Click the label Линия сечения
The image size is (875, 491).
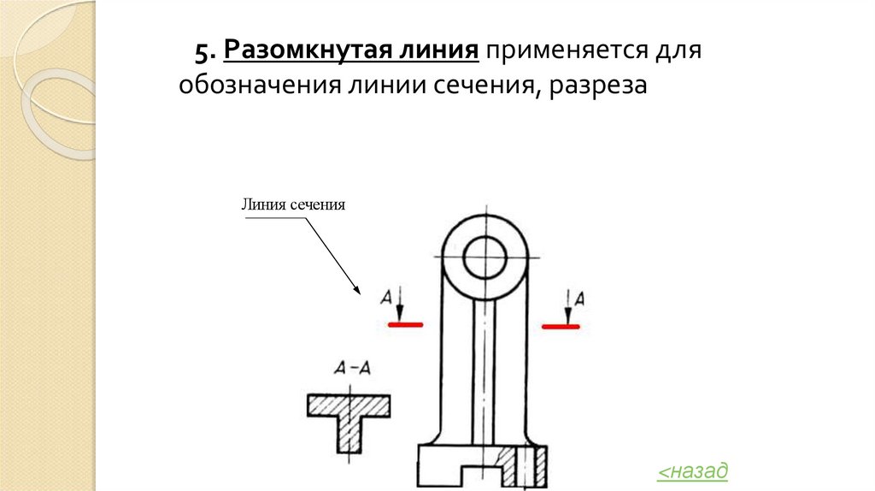292,205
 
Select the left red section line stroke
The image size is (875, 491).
404,324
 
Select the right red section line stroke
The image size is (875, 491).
561,325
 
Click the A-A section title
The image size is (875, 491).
351,369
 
